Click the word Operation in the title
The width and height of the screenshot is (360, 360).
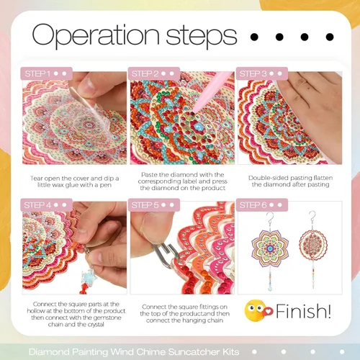pos(96,35)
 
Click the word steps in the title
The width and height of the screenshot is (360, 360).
pos(201,36)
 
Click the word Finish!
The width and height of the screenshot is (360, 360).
pos(303,311)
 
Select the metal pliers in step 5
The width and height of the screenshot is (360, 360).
pos(165,254)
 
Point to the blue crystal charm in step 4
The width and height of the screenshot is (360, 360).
pos(89,275)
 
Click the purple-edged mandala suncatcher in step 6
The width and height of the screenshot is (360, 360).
pos(270,248)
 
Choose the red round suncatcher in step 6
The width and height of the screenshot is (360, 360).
pos(313,246)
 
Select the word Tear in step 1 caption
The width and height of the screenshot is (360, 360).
pos(36,179)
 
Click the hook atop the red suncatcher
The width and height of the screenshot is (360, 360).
pos(312,216)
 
